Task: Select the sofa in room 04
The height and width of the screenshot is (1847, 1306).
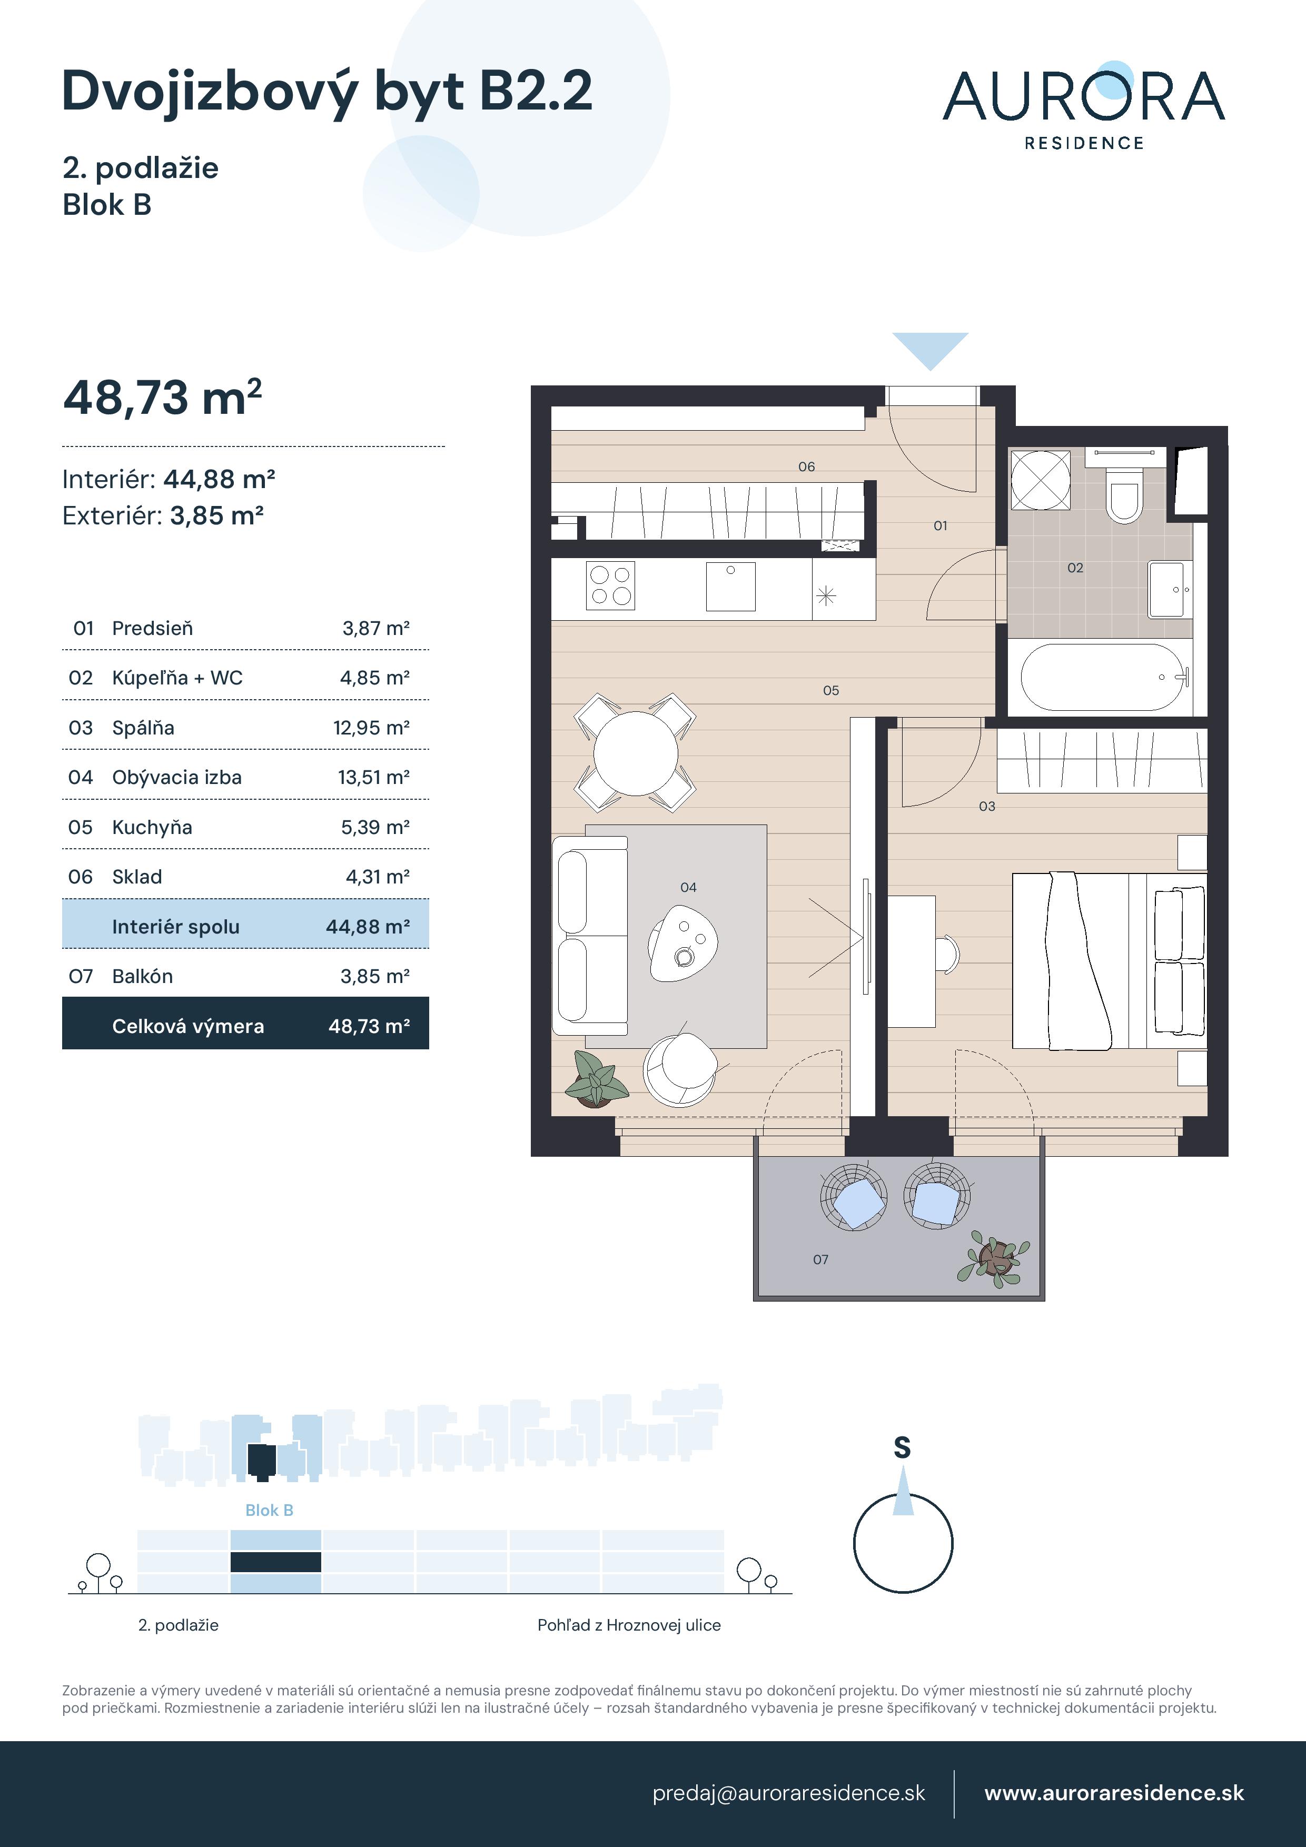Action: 590,936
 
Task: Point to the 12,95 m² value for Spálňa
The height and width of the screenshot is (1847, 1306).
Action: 371,728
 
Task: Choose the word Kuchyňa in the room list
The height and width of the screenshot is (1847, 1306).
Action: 152,828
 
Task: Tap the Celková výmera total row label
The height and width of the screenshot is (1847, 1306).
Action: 187,1027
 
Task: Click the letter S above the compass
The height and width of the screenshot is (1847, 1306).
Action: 902,1448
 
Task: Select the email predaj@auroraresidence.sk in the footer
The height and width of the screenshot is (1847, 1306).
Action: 788,1793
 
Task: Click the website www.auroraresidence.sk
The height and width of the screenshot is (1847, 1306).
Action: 1114,1793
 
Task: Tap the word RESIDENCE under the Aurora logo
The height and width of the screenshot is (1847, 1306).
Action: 1083,143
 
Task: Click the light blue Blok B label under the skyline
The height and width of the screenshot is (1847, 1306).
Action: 269,1511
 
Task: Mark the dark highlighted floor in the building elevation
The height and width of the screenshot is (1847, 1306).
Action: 275,1562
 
